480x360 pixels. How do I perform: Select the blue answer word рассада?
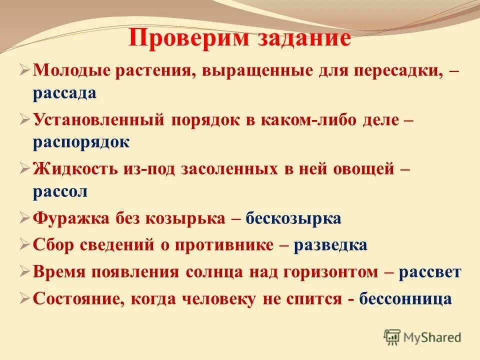[65, 93]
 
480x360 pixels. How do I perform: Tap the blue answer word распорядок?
[81, 142]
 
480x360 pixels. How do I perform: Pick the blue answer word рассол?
[60, 191]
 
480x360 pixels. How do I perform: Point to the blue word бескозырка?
[293, 219]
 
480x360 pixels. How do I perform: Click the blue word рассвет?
[430, 272]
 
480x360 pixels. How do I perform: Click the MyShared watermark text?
[432, 337]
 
